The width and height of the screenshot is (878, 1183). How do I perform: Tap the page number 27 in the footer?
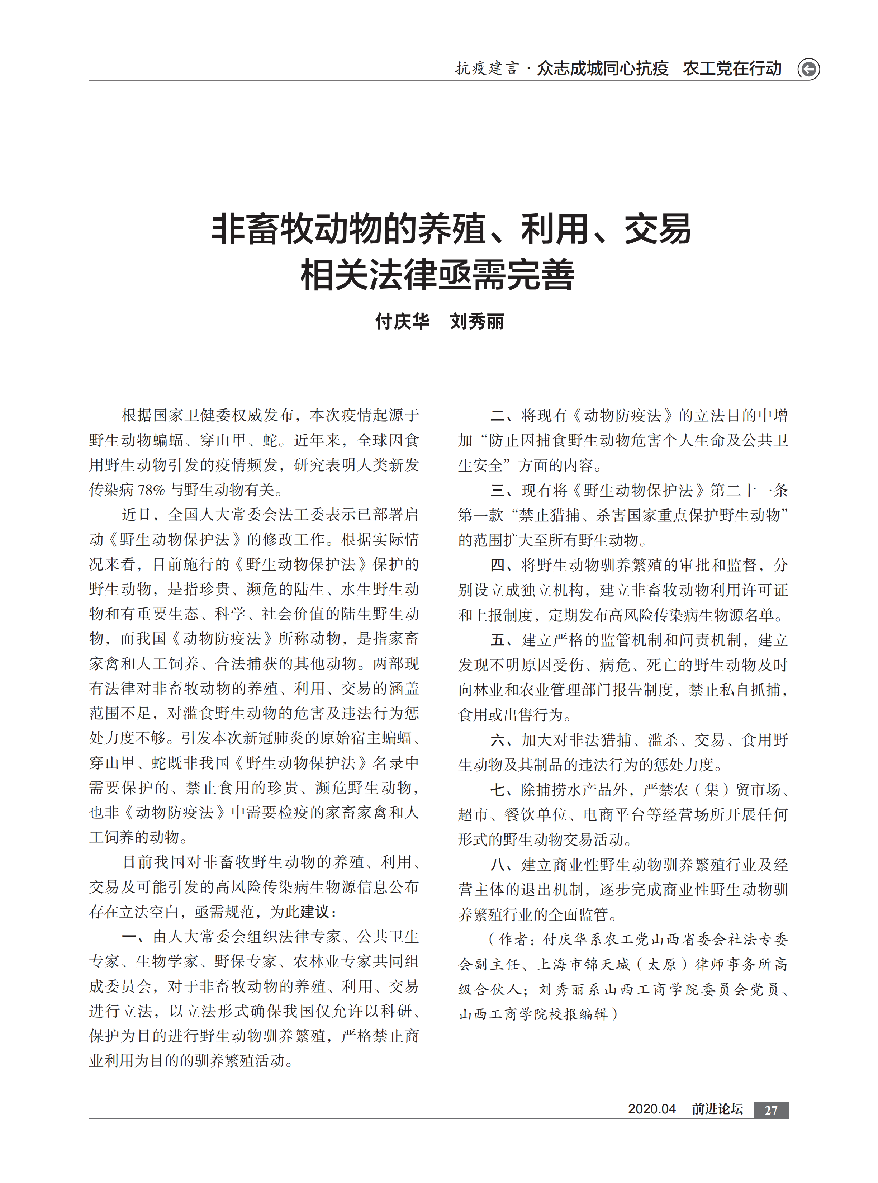[771, 1110]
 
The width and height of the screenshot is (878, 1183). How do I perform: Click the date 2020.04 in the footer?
[651, 1109]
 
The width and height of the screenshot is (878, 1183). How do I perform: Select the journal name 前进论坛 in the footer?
[717, 1109]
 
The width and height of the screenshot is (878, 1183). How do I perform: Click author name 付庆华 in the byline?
[402, 322]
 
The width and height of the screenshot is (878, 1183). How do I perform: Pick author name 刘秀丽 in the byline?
[477, 322]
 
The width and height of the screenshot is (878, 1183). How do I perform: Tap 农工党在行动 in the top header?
[732, 68]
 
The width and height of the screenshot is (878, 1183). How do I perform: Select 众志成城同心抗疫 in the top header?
[602, 68]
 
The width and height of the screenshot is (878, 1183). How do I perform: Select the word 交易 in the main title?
[658, 229]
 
